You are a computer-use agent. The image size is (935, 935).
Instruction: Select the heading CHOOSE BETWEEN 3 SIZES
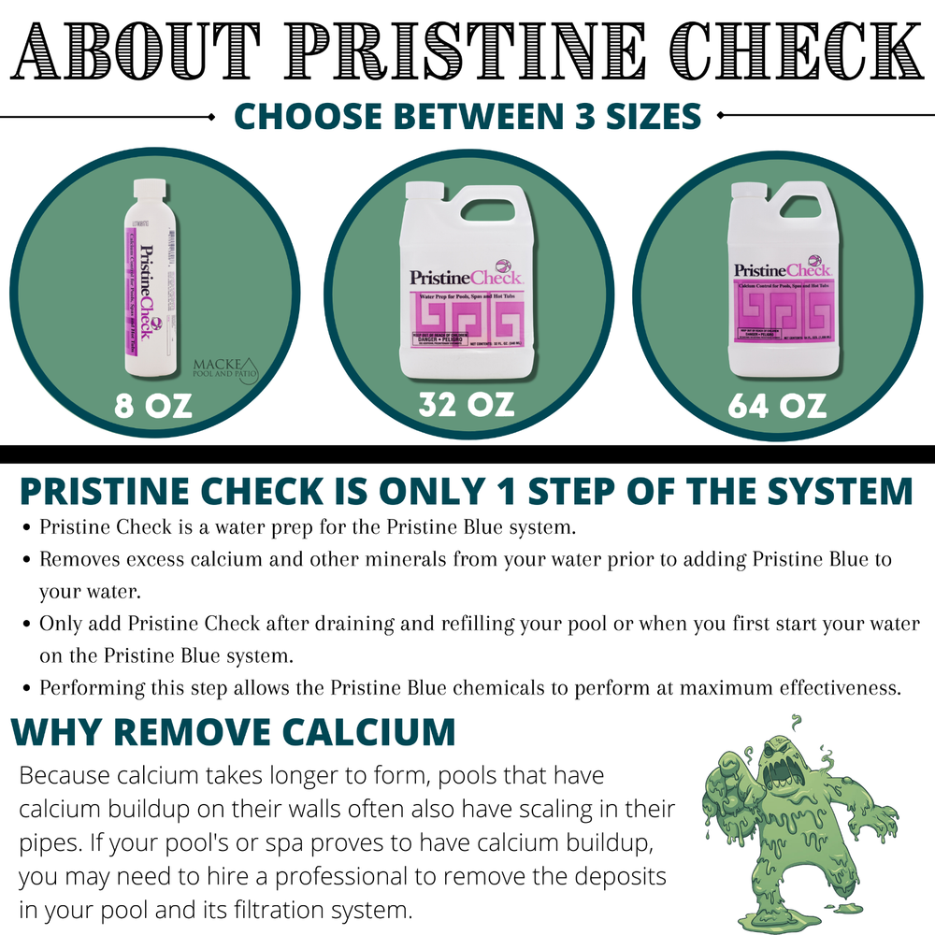click(x=467, y=116)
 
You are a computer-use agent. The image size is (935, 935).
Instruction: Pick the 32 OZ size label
click(x=467, y=406)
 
